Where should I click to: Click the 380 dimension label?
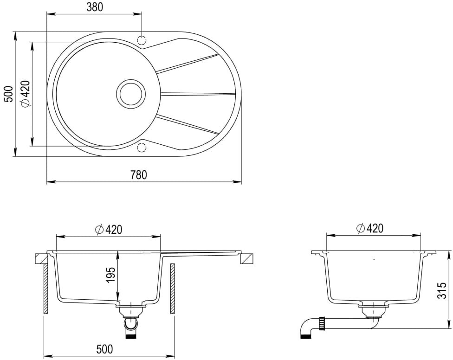pyautogui.click(x=95, y=7)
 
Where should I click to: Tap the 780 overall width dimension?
pyautogui.click(x=139, y=175)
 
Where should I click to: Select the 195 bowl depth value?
pyautogui.click(x=111, y=275)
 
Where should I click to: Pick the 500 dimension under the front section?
pyautogui.click(x=104, y=349)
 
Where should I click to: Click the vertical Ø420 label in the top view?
pyautogui.click(x=26, y=94)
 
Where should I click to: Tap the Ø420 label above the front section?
pyautogui.click(x=109, y=230)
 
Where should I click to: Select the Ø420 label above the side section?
pyautogui.click(x=369, y=228)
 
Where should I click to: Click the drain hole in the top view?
pyautogui.click(x=131, y=94)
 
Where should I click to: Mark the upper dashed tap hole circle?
pyautogui.click(x=142, y=40)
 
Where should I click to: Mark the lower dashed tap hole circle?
pyautogui.click(x=141, y=148)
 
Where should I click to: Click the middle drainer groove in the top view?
pyautogui.click(x=198, y=94)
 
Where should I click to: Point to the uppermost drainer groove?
pyautogui.click(x=187, y=63)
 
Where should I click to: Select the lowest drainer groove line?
pyautogui.click(x=187, y=125)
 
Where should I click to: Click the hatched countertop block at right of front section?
pyautogui.click(x=247, y=259)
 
